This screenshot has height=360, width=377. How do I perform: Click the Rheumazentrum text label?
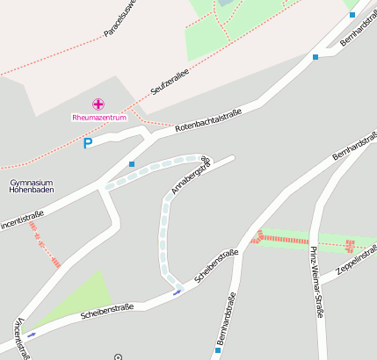tap(99, 117)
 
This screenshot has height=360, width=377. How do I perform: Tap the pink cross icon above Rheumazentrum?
tap(98, 104)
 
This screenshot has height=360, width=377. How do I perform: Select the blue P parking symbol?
tap(87, 144)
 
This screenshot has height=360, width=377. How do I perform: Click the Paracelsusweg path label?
tap(121, 19)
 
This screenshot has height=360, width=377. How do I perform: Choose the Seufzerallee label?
tap(170, 83)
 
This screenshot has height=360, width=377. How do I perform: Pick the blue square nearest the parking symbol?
tap(132, 163)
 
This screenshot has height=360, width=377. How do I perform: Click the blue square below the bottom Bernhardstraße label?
tap(218, 349)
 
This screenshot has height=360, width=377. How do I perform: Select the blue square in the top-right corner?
tap(352, 14)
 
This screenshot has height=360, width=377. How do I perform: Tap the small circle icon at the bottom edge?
tap(118, 356)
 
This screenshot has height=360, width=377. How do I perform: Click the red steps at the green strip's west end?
tap(257, 235)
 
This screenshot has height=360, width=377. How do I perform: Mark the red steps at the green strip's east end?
tap(350, 245)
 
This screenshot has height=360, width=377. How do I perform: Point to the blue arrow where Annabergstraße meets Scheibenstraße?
tap(178, 292)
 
